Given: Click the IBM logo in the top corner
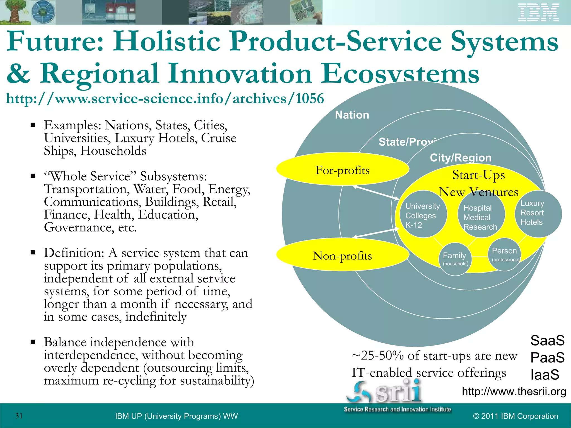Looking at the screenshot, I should point(538,13).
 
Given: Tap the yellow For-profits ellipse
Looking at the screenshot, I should point(342,169).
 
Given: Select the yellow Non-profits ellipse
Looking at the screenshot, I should point(342,255).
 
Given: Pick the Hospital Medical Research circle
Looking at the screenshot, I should point(481,216).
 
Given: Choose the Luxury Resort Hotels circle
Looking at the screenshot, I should point(538,213).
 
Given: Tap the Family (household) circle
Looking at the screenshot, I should point(455,259).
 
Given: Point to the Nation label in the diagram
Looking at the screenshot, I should point(352,115).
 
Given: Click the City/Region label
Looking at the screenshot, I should point(460,158).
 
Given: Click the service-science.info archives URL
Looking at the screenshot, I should point(165,99).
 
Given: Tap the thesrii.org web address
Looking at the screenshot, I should point(514,391).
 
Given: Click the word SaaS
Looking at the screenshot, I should point(547,341).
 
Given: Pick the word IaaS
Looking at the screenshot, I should point(545,374).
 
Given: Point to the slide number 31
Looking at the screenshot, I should point(19,416).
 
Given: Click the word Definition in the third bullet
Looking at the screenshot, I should point(74,253).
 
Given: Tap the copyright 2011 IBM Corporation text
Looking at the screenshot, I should point(516,416).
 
